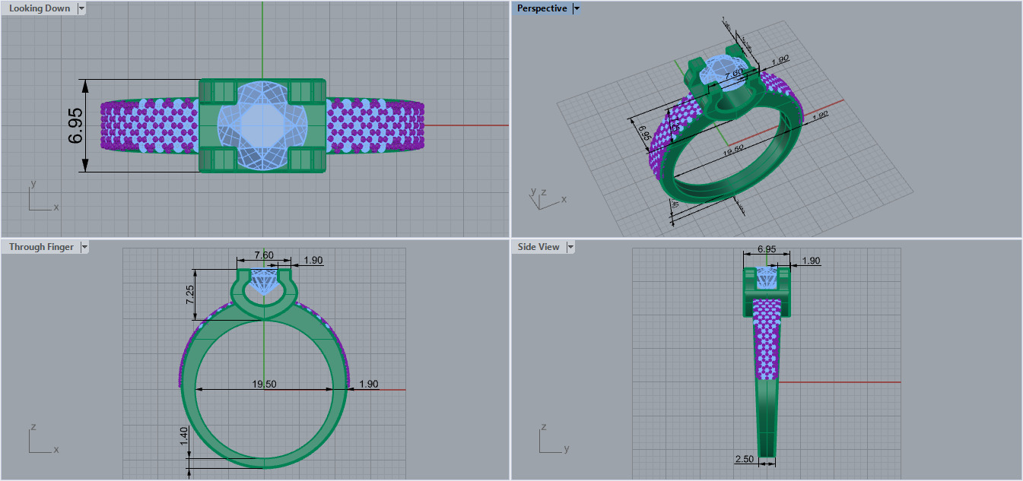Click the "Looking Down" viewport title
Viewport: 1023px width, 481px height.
39,8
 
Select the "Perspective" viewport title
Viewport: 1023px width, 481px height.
542,8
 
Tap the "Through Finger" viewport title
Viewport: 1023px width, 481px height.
41,247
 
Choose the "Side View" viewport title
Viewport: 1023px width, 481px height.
539,247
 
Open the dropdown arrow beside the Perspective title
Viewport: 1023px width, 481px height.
577,8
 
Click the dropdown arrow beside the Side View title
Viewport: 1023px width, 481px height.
570,247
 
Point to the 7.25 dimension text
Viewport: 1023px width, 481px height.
189,294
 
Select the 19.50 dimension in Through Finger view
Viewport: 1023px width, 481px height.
264,384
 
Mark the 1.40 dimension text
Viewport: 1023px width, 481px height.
183,436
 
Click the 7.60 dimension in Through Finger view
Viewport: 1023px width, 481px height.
263,254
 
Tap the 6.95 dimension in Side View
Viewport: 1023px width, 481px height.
766,249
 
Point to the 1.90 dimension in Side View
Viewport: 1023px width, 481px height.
812,261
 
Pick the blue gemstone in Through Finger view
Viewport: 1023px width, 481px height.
263,282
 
